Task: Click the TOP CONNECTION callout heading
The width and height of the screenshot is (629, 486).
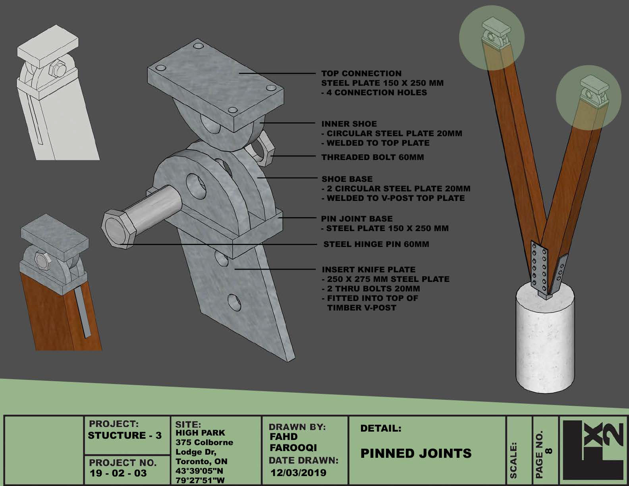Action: [361, 73]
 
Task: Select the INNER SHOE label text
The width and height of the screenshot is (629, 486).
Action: [349, 124]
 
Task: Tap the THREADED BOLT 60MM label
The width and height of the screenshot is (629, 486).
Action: [372, 157]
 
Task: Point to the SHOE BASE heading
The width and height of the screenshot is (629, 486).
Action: [347, 179]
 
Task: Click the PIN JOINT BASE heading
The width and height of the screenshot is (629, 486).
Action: [357, 218]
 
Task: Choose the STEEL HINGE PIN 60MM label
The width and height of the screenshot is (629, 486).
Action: [376, 244]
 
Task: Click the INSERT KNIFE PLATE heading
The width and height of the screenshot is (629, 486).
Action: [369, 270]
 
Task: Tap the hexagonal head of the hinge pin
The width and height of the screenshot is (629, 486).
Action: [118, 229]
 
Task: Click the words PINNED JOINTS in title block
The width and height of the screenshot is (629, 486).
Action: [416, 453]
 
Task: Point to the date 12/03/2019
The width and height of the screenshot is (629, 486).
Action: [299, 472]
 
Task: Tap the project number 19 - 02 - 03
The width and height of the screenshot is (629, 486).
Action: [118, 473]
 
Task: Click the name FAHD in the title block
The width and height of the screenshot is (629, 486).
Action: [284, 436]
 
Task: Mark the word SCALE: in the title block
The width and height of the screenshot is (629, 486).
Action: [513, 460]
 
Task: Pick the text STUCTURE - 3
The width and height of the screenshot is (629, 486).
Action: [125, 435]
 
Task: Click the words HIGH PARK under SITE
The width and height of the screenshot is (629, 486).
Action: [200, 433]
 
